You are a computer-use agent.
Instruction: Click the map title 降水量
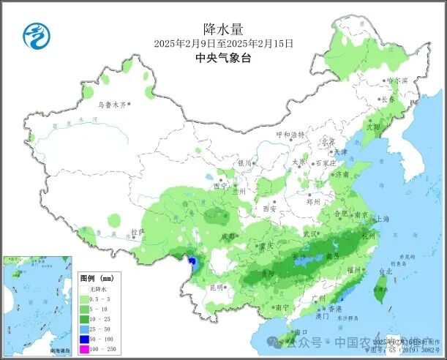pyautogui.click(x=224, y=29)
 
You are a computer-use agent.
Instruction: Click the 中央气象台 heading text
pyautogui.click(x=224, y=58)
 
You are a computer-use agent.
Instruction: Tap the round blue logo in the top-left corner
pyautogui.click(x=34, y=34)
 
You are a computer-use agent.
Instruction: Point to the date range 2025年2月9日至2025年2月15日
pyautogui.click(x=224, y=44)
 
